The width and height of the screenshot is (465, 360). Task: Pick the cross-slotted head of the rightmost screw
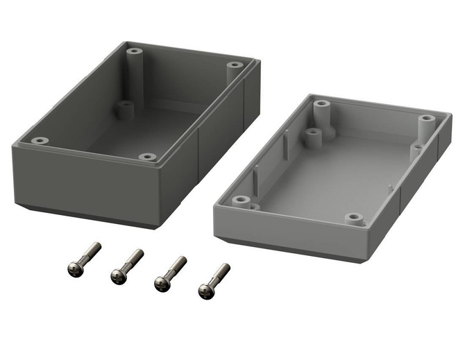(x=205, y=291)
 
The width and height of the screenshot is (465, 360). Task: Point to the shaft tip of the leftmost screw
(x=96, y=246)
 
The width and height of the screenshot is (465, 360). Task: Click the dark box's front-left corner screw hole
(x=40, y=141)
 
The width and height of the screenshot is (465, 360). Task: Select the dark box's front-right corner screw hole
(x=146, y=157)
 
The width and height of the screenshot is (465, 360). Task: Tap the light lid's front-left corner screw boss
(x=241, y=200)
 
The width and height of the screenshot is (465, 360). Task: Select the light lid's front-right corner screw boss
(x=355, y=218)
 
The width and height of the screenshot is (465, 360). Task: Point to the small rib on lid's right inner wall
(x=391, y=188)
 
